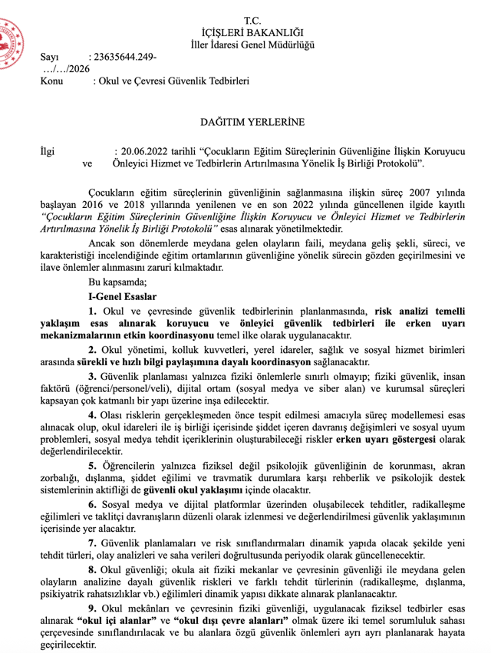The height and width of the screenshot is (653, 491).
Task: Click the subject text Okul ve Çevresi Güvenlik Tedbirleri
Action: click(x=170, y=81)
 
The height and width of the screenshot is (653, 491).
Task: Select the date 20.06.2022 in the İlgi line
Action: click(x=140, y=151)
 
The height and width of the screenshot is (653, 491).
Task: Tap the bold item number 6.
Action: click(x=92, y=504)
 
